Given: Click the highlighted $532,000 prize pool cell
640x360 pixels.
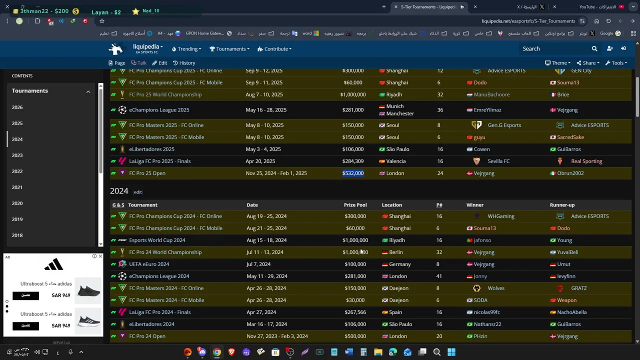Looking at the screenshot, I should click(353, 173).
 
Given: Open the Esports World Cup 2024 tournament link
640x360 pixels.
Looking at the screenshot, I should click(157, 240).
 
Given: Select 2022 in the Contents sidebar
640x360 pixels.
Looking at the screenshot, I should click(17, 171).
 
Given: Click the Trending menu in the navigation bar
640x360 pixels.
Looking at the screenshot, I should click(186, 49).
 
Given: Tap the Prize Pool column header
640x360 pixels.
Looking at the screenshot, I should click(355, 205).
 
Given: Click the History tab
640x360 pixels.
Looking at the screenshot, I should click(184, 63).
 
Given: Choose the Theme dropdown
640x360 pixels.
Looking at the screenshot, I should click(557, 63).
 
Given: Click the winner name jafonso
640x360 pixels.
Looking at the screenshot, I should click(482, 240).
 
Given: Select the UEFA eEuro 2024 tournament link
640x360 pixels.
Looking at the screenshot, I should click(149, 264).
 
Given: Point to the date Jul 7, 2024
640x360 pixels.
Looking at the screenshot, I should click(258, 264).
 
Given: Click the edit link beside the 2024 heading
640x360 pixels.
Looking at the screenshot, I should click(138, 192).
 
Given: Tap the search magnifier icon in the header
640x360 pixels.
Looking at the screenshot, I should click(594, 49).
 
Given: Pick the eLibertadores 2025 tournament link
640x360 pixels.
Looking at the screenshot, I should click(151, 149).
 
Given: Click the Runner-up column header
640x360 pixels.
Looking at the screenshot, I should click(562, 205).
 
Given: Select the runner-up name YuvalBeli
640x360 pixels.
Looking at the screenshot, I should click(567, 252).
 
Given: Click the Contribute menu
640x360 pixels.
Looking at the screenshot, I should click(274, 49).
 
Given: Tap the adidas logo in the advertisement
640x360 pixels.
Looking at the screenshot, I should click(53, 264).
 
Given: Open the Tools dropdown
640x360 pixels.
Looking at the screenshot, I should click(616, 63).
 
